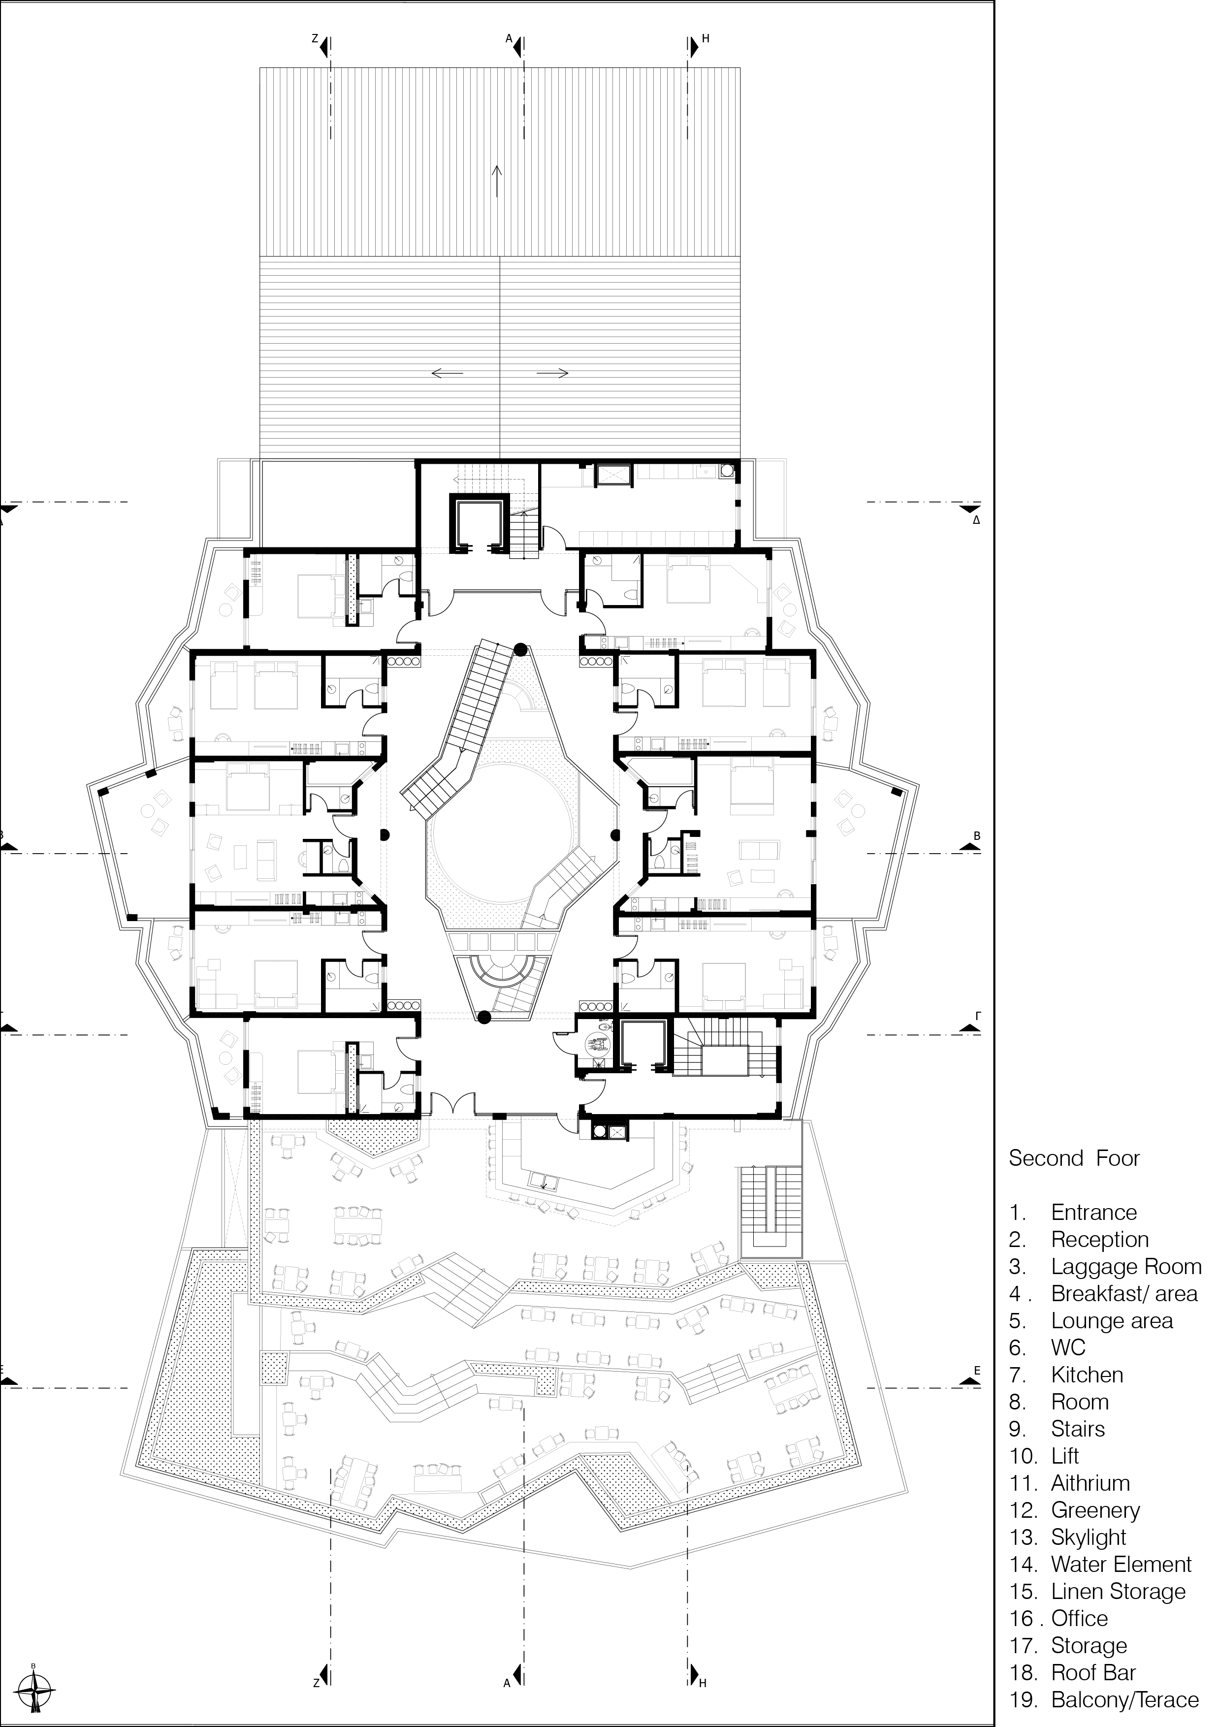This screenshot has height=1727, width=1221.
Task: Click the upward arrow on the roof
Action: pyautogui.click(x=497, y=181)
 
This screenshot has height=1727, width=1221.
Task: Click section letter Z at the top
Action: pyautogui.click(x=316, y=37)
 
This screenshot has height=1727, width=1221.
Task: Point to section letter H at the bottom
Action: pyautogui.click(x=703, y=1683)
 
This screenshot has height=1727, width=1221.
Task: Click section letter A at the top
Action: pyautogui.click(x=509, y=37)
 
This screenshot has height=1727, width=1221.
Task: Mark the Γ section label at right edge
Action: pyautogui.click(x=977, y=1015)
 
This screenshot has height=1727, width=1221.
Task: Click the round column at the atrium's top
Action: pyautogui.click(x=519, y=649)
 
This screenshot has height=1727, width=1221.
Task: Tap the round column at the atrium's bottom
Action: pyautogui.click(x=484, y=1018)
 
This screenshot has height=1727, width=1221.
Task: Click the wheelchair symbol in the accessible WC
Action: pyautogui.click(x=598, y=1043)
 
